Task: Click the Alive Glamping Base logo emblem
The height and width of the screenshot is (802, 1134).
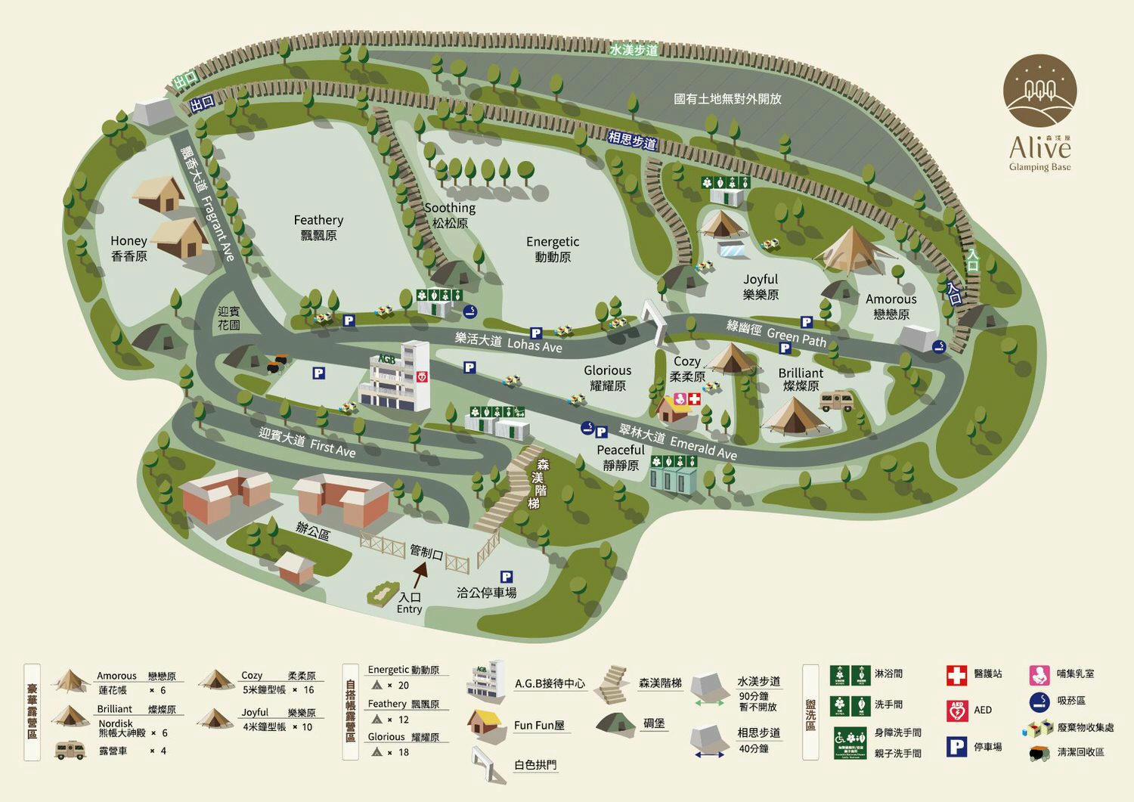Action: coord(1039,91)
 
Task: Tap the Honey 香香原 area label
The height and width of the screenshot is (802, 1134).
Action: coord(129,249)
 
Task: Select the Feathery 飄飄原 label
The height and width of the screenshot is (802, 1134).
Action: coord(318,228)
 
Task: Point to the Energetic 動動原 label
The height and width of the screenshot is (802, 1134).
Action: coord(553,249)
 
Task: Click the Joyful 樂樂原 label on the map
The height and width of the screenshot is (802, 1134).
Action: coord(761,287)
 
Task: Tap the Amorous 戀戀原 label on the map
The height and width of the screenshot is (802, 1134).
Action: coord(891,307)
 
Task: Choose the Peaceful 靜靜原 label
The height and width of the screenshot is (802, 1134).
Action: coord(621,457)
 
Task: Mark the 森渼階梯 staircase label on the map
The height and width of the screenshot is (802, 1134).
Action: coord(539,484)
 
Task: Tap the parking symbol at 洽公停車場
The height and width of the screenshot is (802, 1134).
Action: coord(507,577)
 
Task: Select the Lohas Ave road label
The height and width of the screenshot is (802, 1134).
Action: coord(534,345)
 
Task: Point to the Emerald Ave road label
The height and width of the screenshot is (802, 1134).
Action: coord(703,447)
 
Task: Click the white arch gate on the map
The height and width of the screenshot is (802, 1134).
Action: coord(655,321)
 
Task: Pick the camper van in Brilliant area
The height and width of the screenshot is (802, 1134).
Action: coord(836,401)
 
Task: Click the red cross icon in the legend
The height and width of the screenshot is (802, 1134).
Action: coord(956,675)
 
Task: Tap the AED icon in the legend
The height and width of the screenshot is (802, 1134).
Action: coord(957,711)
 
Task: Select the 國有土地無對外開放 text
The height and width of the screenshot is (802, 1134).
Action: coord(727,99)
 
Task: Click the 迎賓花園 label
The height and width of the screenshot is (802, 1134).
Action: coord(229,318)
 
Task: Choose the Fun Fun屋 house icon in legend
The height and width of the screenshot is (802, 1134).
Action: coord(485,723)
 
